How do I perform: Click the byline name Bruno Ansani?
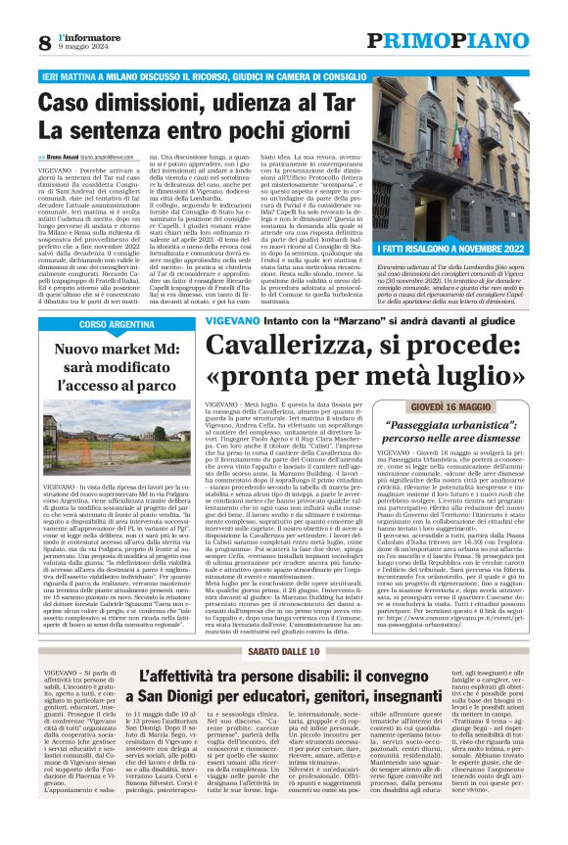pyautogui.click(x=73, y=158)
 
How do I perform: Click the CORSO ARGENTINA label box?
pyautogui.click(x=116, y=324)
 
